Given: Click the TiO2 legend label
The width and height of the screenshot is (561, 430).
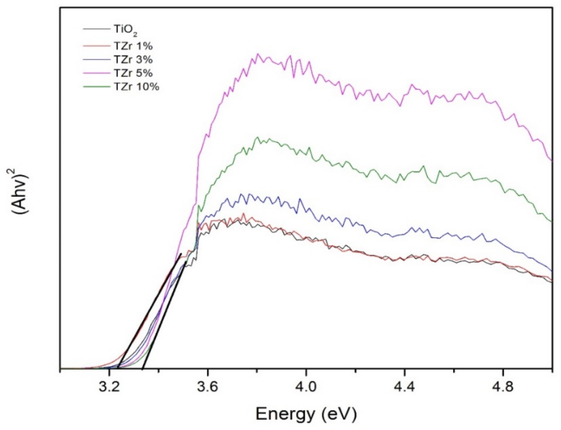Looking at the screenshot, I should point(125,30).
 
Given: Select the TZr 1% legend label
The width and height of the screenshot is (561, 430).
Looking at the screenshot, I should point(133,46).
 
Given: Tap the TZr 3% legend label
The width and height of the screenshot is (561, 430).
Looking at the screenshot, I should point(133,60).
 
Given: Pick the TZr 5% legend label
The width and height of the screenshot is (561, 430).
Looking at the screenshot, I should point(133,73).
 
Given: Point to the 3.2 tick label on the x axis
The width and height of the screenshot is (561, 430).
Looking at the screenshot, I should point(109,387).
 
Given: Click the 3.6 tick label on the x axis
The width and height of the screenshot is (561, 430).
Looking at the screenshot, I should point(208,387).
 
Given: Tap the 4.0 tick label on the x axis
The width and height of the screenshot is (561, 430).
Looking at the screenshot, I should point(306,387).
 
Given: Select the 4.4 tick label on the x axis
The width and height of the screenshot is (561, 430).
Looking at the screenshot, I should point(404,387).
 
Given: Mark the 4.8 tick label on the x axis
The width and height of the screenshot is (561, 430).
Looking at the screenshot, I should point(503,387).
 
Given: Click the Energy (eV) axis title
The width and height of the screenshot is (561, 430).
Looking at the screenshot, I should point(306,414).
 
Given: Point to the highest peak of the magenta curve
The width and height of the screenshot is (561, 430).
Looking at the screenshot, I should point(258,54).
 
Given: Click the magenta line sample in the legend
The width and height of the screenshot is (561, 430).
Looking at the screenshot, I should point(96,73).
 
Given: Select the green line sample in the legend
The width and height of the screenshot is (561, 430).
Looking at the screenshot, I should point(96,87).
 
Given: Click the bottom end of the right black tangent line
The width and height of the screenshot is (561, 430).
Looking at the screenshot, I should point(143,369).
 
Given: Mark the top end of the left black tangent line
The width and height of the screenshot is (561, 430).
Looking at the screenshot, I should point(181,254).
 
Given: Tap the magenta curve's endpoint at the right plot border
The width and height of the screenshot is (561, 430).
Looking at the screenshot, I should point(552,161).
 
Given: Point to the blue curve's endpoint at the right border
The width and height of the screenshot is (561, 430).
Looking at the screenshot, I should point(552,271).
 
